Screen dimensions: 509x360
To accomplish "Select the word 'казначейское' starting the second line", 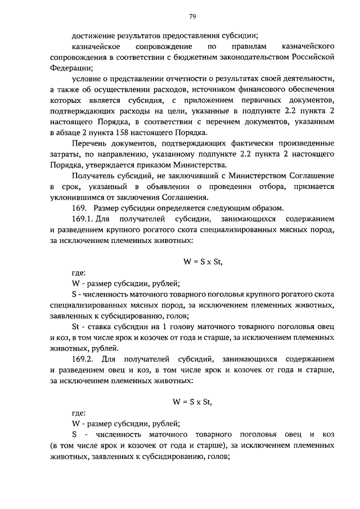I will pos(96,46).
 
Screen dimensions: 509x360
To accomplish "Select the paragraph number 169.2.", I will pos(86,358).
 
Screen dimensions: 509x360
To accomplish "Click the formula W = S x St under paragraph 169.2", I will pos(193,402).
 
